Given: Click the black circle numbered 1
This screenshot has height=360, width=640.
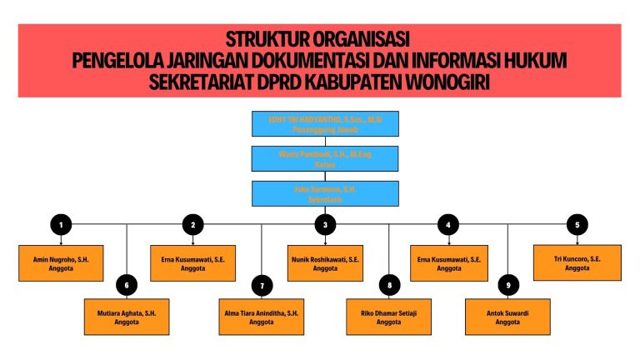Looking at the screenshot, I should pyautogui.click(x=60, y=223).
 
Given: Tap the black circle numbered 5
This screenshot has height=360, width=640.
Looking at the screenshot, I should pyautogui.click(x=577, y=223).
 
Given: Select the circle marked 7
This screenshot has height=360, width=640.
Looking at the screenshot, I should pyautogui.click(x=262, y=286).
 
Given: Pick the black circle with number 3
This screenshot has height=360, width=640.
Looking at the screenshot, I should pyautogui.click(x=325, y=223).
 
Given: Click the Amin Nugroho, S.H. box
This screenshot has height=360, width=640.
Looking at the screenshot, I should pyautogui.click(x=61, y=263).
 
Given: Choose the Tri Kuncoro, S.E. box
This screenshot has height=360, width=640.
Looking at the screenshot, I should pyautogui.click(x=577, y=262).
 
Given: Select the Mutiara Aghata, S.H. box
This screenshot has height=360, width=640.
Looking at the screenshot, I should pyautogui.click(x=127, y=317).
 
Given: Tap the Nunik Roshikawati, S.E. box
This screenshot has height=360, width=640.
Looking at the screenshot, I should pyautogui.click(x=325, y=263).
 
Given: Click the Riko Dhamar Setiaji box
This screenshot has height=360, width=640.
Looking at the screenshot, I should pyautogui.click(x=389, y=317).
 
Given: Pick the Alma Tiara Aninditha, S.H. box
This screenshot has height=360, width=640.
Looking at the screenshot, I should pyautogui.click(x=261, y=317).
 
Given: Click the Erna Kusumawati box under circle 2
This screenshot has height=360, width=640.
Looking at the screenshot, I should pyautogui.click(x=192, y=263).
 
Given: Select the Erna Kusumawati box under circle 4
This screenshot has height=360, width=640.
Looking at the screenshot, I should pyautogui.click(x=448, y=263).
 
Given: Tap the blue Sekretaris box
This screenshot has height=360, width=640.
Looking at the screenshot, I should pyautogui.click(x=325, y=193).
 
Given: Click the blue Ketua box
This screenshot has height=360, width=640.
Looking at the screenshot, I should pyautogui.click(x=325, y=158).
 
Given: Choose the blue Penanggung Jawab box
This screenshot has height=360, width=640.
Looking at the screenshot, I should pyautogui.click(x=325, y=123).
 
